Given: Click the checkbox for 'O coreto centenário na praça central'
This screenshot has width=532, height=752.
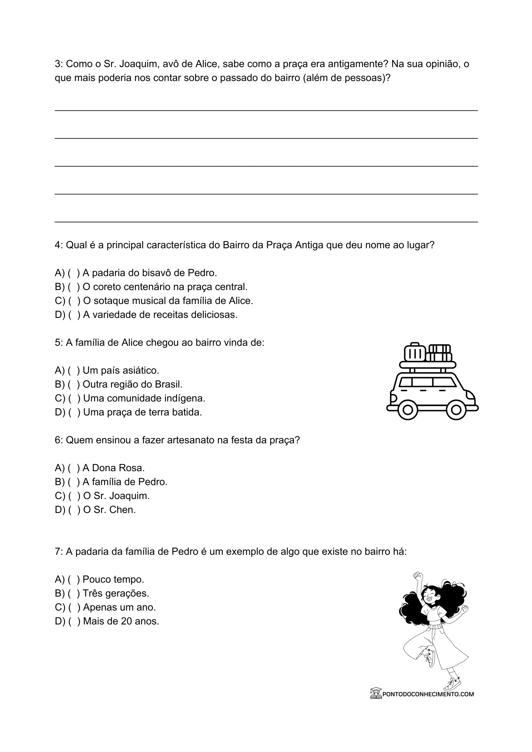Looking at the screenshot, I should click(x=74, y=287).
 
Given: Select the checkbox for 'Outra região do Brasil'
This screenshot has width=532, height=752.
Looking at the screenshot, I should click(x=74, y=384).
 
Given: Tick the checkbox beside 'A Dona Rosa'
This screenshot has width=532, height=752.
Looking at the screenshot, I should click(x=74, y=468).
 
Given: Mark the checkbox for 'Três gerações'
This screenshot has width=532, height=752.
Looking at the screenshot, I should click(x=74, y=593).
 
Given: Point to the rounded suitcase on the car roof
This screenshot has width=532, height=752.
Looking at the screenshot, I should click(x=415, y=352).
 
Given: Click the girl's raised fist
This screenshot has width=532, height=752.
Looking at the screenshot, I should click(x=417, y=575).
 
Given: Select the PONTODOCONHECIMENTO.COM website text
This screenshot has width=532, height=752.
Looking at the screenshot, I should click(x=428, y=694).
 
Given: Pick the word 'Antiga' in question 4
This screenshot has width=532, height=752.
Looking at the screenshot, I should click(x=309, y=245).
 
